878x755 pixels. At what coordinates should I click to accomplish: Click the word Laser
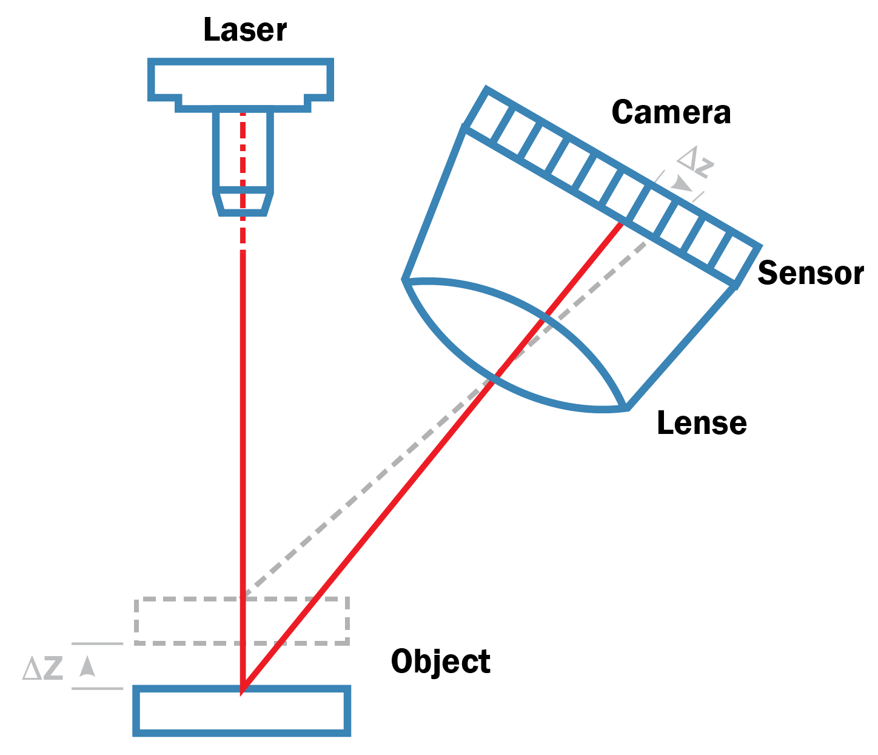pyautogui.click(x=244, y=30)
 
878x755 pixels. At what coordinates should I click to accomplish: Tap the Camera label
pyautogui.click(x=671, y=112)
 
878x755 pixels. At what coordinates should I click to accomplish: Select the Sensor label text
pyautogui.click(x=810, y=273)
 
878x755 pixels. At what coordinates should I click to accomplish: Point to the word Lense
pyautogui.click(x=702, y=423)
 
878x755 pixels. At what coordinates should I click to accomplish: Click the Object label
pyautogui.click(x=441, y=661)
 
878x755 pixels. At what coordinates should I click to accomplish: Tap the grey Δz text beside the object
pyautogui.click(x=42, y=668)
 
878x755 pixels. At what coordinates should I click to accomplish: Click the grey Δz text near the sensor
pyautogui.click(x=696, y=161)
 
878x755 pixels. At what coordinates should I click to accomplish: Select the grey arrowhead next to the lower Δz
pyautogui.click(x=88, y=666)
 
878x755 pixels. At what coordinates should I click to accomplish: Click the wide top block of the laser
pyautogui.click(x=241, y=80)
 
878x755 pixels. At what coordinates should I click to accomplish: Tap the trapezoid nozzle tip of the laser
pyautogui.click(x=243, y=203)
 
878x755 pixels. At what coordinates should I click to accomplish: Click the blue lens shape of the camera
pyautogui.click(x=515, y=346)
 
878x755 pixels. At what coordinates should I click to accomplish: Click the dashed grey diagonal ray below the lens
pyautogui.click(x=364, y=486)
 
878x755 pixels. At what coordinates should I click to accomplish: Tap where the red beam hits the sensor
pyautogui.click(x=621, y=224)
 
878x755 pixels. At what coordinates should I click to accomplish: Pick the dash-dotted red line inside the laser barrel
pyautogui.click(x=243, y=152)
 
